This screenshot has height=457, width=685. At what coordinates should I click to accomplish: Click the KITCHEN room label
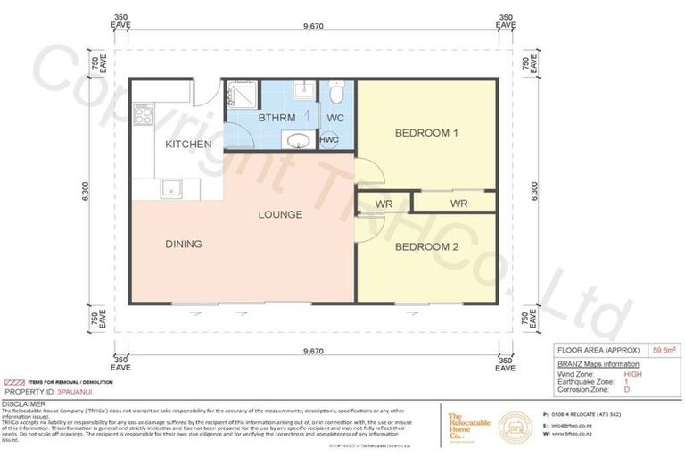[188, 144]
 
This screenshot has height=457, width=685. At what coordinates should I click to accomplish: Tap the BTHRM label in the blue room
[270, 117]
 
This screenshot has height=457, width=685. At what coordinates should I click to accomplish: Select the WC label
[335, 117]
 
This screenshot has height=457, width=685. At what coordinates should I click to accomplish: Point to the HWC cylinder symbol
[328, 140]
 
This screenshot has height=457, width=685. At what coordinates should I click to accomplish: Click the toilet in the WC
[336, 93]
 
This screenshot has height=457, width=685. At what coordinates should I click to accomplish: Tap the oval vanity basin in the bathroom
[294, 140]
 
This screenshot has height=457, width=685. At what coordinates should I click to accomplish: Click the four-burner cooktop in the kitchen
[144, 113]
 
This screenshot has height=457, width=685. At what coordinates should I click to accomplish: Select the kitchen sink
[169, 187]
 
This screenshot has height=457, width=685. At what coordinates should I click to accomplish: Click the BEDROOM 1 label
[426, 134]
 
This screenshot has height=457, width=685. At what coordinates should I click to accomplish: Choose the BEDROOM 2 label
[426, 246]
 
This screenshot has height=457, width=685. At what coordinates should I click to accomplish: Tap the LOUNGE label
[280, 214]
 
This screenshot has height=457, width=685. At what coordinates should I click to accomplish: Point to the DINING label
[183, 244]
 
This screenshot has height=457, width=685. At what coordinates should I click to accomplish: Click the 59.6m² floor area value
[662, 351]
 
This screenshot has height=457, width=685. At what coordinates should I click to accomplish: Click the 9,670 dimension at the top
[312, 27]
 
